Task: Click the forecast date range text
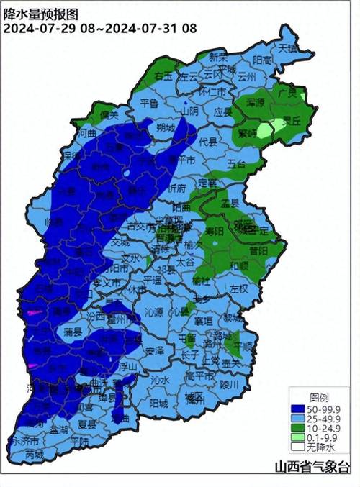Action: [x=100, y=29]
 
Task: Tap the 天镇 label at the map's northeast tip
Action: [x=288, y=48]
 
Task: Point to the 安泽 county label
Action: [x=155, y=350]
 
